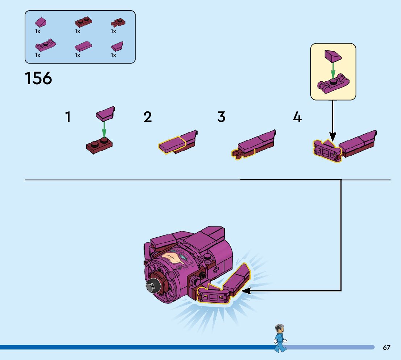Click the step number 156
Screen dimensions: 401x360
(38, 78)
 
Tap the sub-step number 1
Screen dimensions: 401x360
(68, 117)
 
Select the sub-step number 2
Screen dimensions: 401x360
(148, 117)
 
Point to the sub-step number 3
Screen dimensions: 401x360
(221, 117)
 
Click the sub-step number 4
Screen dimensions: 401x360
(297, 117)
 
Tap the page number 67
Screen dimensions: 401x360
(386, 348)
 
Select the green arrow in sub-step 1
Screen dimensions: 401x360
(104, 129)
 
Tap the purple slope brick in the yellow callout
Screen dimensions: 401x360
(333, 56)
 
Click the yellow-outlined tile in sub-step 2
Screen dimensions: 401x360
(172, 146)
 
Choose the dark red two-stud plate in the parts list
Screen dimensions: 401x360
(83, 23)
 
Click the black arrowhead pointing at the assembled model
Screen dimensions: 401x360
(246, 291)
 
